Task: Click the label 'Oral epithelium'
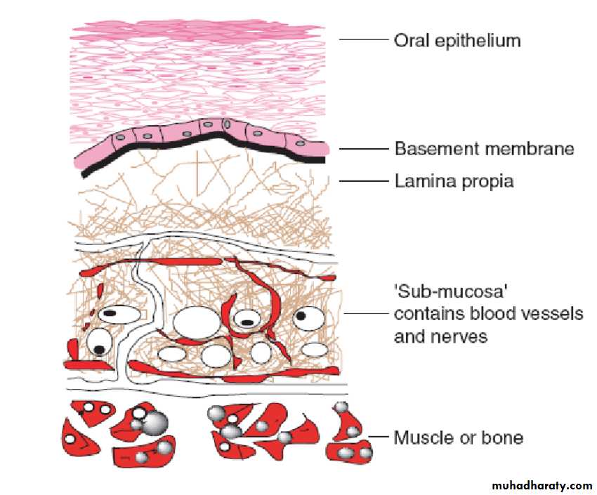click(457, 41)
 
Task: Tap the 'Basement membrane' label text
click(485, 148)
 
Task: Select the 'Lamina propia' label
click(454, 181)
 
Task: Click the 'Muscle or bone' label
click(459, 438)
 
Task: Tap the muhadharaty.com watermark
click(542, 485)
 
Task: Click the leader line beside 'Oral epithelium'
click(363, 39)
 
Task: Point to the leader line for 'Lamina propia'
click(363, 181)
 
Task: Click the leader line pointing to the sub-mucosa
click(365, 314)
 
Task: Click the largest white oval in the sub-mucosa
click(197, 323)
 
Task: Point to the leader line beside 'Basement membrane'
click(363, 149)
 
